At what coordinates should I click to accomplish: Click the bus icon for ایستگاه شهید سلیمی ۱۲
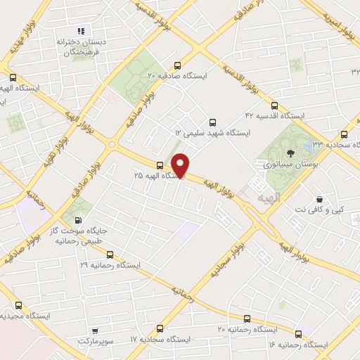tap(211, 120)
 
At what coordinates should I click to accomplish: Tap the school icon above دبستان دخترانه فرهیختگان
tap(81, 31)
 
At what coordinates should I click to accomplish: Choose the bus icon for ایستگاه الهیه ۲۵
tap(160, 167)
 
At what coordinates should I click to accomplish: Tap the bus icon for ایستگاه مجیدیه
tap(18, 306)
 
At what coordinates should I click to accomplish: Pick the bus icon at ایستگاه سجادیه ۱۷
tap(160, 328)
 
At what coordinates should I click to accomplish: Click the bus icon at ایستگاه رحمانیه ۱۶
tap(300, 334)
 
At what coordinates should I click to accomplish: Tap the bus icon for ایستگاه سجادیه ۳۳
tap(344, 134)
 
